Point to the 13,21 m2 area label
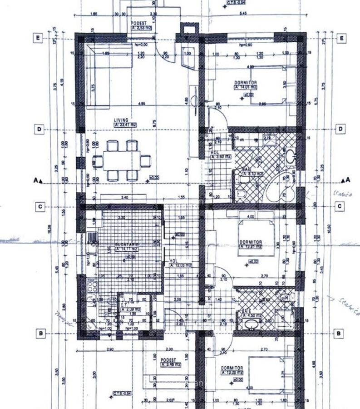(x=251, y=247)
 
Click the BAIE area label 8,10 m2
(x=252, y=173)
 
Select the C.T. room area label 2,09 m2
(x=130, y=309)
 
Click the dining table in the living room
(x=122, y=161)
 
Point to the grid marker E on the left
(x=38, y=38)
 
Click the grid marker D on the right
(x=340, y=130)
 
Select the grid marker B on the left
(x=40, y=334)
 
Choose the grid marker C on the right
(x=340, y=206)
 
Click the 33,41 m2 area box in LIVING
(x=126, y=125)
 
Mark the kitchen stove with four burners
(x=92, y=286)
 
